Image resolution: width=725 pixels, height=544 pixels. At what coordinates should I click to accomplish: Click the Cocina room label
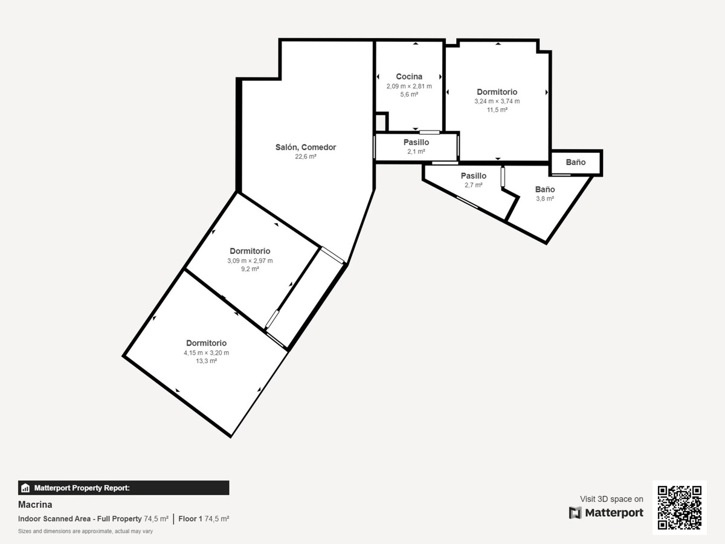[x=409, y=77]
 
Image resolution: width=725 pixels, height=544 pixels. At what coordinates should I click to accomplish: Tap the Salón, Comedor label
[x=306, y=147]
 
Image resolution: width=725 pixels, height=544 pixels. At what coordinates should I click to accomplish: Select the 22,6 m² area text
[x=306, y=157]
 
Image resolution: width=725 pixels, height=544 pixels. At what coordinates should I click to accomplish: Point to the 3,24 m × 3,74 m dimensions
[x=497, y=102]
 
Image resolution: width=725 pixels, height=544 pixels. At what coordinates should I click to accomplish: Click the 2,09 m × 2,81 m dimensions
[x=409, y=86]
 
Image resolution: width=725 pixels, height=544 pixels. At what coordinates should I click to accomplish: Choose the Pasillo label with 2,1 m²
[x=416, y=143]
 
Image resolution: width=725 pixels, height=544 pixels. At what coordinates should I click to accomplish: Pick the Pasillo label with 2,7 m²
[x=473, y=176]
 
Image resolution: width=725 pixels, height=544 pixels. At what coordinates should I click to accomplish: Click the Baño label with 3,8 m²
[x=545, y=189]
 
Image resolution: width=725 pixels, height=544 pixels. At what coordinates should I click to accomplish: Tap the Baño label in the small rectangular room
[x=575, y=162]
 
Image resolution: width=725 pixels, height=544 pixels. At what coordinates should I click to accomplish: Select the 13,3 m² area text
[x=206, y=361]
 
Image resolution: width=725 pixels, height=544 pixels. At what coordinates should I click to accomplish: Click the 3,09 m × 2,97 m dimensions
[x=250, y=261]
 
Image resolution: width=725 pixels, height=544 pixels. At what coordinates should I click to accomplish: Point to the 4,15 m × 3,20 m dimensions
[x=206, y=352]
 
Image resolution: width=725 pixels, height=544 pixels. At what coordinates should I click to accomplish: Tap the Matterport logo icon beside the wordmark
[x=575, y=513]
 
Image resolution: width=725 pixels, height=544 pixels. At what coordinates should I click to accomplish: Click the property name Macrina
[x=35, y=504]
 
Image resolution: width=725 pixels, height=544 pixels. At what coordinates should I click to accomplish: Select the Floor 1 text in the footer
[x=190, y=519]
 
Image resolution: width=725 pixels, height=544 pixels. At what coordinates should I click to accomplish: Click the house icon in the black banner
[x=25, y=488]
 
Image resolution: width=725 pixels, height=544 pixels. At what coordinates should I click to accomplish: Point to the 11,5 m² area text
[x=497, y=109]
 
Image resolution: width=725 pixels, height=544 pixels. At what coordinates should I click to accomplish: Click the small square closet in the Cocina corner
[x=381, y=122]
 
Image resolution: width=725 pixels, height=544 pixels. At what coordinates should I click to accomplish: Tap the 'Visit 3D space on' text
[x=611, y=499]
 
